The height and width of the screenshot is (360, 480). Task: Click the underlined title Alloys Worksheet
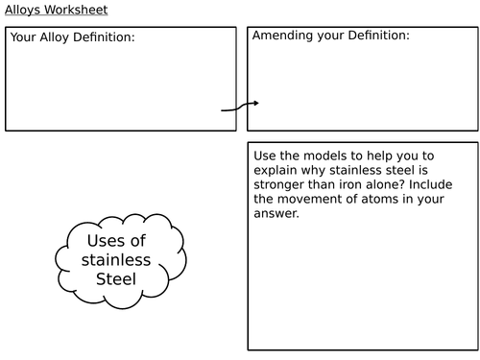57,11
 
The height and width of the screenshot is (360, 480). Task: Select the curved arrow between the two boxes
240,106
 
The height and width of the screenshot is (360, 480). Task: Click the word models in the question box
324,155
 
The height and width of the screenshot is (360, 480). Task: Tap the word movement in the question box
313,199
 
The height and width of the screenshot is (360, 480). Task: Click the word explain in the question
276,169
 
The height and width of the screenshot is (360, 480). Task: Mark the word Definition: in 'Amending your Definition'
376,36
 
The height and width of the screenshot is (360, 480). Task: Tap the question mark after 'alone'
406,183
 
